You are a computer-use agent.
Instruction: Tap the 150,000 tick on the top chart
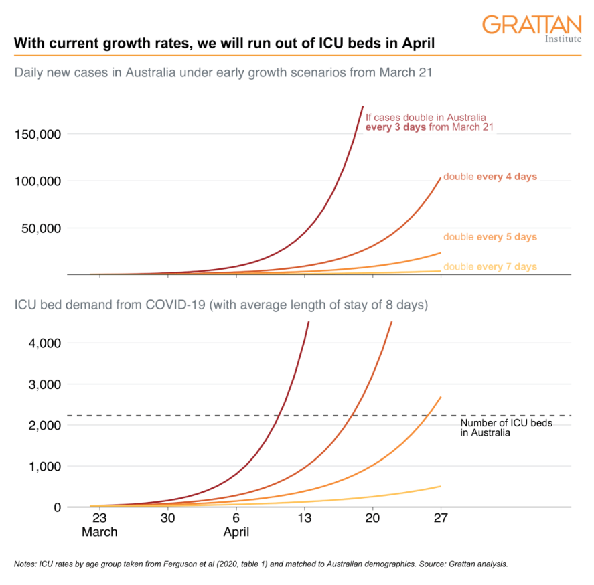pos(38,134)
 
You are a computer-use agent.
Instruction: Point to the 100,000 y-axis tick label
pos(38,181)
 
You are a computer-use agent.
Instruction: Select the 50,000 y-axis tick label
pos(41,228)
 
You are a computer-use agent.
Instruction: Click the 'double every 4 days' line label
pos(490,177)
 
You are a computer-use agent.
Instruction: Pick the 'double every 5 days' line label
pos(490,237)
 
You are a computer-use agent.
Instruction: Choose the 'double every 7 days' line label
pos(490,267)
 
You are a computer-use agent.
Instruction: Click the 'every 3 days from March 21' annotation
pos(429,127)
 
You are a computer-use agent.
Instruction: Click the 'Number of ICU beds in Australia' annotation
pos(497,428)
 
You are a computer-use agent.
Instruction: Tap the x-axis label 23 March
pos(99,525)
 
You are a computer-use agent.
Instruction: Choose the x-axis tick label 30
pos(168,518)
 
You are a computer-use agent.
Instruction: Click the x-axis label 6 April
pos(236,525)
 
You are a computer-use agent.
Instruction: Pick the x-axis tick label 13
pos(305,518)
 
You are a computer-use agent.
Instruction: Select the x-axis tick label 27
pos(441,518)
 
